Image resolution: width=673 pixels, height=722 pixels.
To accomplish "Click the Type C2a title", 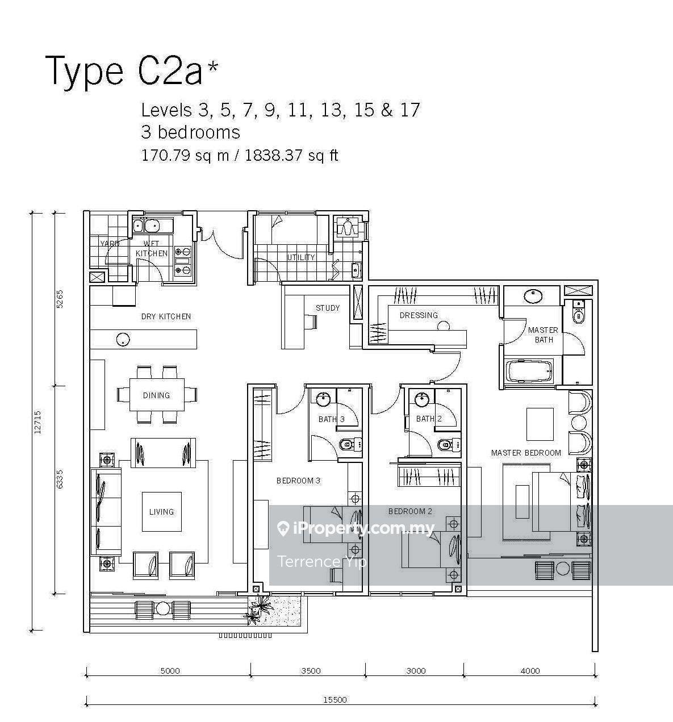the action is (x=132, y=72).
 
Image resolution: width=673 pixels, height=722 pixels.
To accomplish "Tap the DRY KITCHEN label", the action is (x=166, y=316).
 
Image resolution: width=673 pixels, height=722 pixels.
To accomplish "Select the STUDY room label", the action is (x=328, y=308).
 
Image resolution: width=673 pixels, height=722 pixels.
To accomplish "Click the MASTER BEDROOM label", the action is (x=526, y=453).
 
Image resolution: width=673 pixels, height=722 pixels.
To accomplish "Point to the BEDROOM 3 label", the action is (x=299, y=481).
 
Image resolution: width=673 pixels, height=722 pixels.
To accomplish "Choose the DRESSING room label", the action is (x=419, y=315).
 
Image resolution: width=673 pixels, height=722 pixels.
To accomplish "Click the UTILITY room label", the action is (x=301, y=257).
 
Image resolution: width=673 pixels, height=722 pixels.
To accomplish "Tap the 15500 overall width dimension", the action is (x=335, y=699).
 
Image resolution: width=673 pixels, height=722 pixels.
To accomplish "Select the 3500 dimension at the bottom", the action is (x=311, y=671).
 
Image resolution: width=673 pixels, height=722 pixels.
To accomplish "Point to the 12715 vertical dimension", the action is (x=38, y=423).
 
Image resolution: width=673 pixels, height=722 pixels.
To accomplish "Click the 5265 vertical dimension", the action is (x=60, y=299).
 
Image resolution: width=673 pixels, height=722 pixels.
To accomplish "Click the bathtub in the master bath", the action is (x=530, y=371).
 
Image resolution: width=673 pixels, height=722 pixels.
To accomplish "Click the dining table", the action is (x=157, y=395).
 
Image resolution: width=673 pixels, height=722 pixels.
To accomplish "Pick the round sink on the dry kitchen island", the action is (x=124, y=339).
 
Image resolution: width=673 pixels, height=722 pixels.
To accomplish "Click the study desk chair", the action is (x=311, y=322).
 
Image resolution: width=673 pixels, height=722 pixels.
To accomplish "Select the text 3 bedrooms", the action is (x=190, y=132).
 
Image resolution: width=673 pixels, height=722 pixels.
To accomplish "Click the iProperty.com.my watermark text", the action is (x=356, y=529).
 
